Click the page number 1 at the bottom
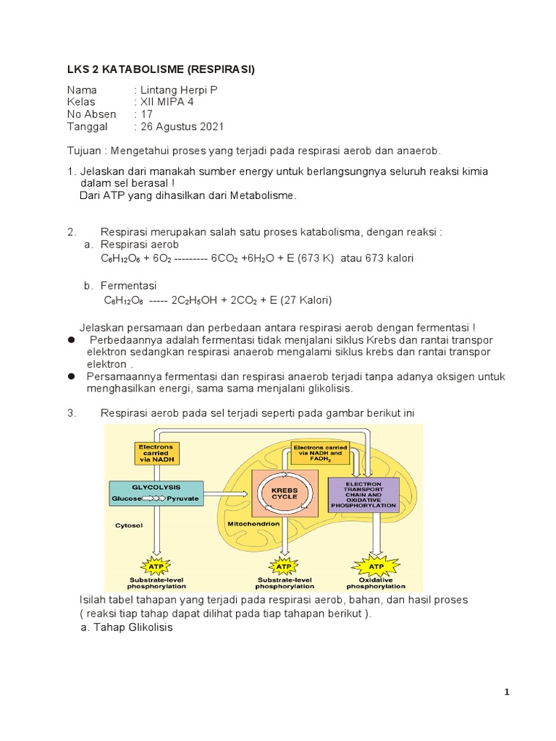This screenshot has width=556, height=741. click(507, 693)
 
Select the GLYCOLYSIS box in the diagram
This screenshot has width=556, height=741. click(156, 493)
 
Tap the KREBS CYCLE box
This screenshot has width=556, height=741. click(285, 494)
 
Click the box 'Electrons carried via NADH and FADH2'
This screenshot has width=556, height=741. click(319, 453)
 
